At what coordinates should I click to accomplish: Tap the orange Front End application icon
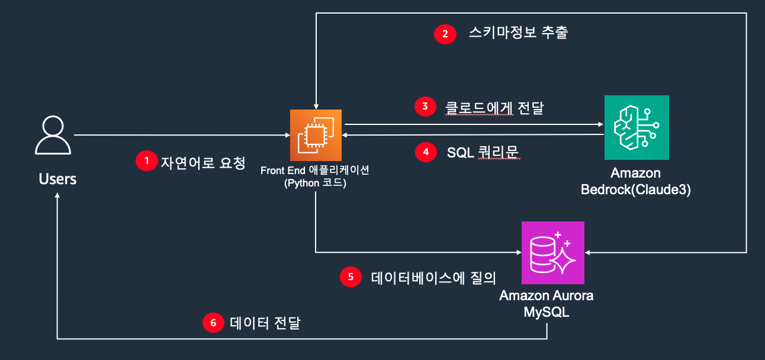coord(316,136)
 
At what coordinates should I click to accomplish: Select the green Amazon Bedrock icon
coord(637,127)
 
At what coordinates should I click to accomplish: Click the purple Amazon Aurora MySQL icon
coord(552,253)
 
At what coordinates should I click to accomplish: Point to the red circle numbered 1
coord(146,161)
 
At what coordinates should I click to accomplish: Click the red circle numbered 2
coord(445,34)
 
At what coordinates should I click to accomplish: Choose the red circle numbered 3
coord(425,107)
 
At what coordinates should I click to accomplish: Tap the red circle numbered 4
coord(425,152)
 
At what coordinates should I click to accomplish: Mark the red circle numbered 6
coord(213,323)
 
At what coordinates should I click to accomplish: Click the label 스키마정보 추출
coord(517,33)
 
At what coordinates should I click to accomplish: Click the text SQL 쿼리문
coord(483,153)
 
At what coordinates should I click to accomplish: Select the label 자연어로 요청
coord(202,162)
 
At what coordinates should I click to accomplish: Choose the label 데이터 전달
coord(265,323)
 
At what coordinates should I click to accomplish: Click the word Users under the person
coord(57,178)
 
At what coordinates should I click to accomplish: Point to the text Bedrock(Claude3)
coord(636,190)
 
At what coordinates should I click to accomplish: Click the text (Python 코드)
coord(315,183)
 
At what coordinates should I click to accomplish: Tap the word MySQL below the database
coord(547,311)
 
